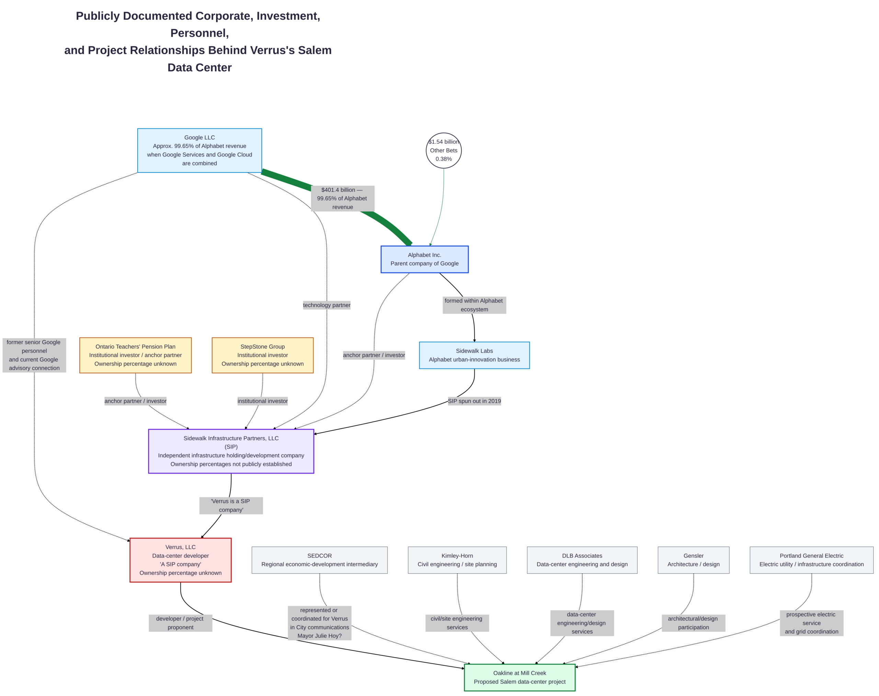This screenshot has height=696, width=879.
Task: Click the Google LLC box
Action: click(199, 150)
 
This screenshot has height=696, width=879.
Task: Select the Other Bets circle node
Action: click(444, 150)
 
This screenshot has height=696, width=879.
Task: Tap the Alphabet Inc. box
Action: click(424, 259)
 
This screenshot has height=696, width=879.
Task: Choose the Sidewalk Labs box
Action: click(474, 355)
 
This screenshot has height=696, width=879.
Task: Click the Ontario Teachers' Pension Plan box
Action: click(135, 355)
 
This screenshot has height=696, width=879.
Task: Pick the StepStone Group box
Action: click(262, 355)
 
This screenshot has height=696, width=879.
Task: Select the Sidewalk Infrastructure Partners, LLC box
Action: click(231, 451)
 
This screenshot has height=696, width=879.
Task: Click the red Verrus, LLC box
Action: click(181, 560)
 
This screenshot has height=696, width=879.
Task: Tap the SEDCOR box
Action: click(319, 560)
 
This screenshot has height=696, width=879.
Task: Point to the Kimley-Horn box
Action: click(457, 560)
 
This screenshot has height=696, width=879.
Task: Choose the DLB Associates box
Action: click(582, 560)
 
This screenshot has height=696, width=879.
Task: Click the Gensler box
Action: click(693, 560)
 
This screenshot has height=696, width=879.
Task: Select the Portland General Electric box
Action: click(811, 560)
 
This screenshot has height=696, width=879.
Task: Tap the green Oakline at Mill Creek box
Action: click(520, 677)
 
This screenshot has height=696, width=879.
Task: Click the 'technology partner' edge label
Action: click(327, 305)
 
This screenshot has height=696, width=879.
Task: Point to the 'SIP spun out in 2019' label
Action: click(474, 401)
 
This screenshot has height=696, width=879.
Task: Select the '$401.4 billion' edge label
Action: click(343, 199)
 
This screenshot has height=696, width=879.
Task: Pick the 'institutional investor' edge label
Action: click(262, 401)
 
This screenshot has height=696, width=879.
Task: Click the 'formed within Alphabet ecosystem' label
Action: click(474, 305)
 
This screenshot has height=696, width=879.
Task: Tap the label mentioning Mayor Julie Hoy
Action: click(319, 623)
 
